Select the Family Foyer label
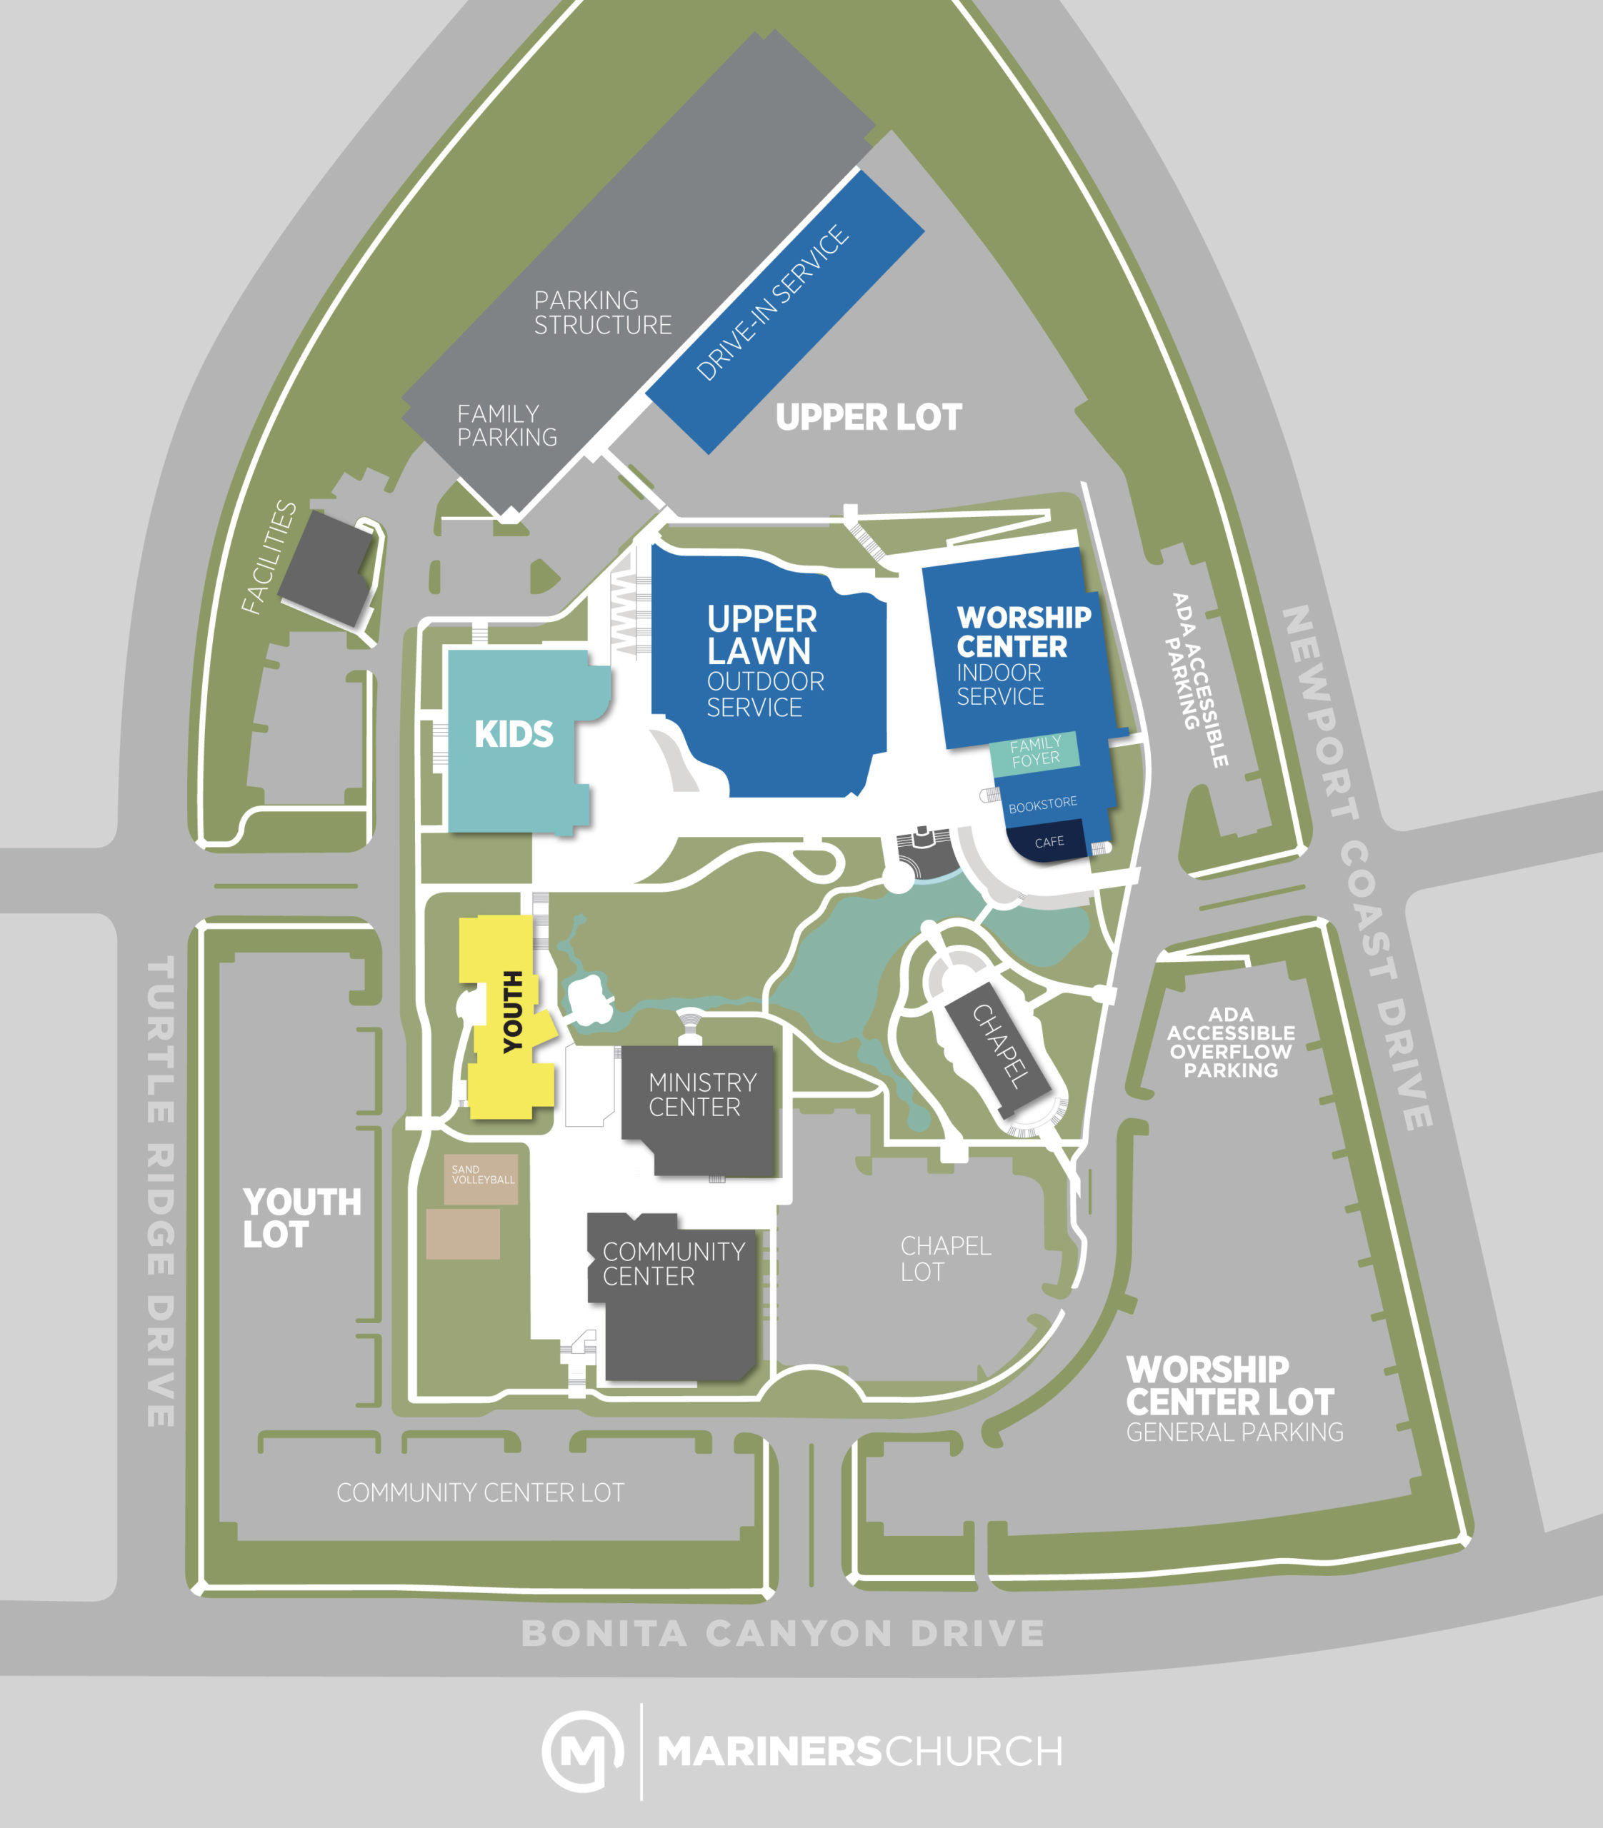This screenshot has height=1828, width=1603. [1035, 751]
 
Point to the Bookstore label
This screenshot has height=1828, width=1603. [1042, 804]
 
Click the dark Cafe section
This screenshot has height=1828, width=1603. [1049, 843]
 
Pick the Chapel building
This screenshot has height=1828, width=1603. [1000, 1045]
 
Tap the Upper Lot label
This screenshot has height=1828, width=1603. [869, 418]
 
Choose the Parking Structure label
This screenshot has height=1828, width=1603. [602, 313]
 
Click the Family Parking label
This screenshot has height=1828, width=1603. [506, 426]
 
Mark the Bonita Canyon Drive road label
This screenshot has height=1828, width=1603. [783, 1634]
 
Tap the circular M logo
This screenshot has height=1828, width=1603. [582, 1751]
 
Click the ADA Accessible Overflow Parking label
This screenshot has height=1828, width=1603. [1231, 1042]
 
